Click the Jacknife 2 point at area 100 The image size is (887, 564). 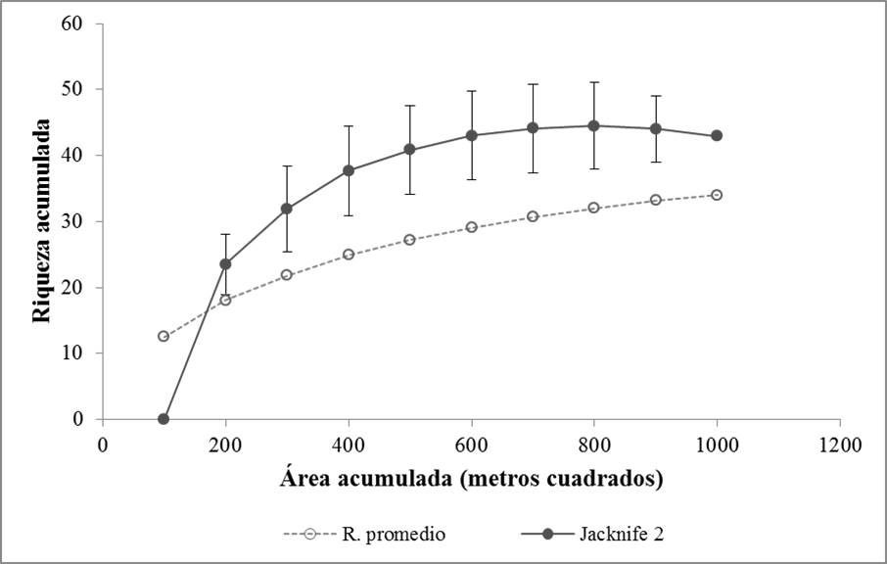(x=163, y=419)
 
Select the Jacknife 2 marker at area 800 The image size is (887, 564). (x=593, y=125)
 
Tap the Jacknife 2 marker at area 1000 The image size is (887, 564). (x=717, y=135)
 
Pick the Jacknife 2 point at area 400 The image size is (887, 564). (x=348, y=170)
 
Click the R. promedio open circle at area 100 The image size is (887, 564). (x=163, y=336)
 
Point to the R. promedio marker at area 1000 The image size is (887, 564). (x=717, y=195)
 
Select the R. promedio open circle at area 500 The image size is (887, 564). (x=409, y=239)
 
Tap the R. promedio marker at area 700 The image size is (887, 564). (x=533, y=215)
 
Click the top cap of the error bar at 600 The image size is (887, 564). (x=471, y=91)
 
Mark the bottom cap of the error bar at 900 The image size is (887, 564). (x=655, y=162)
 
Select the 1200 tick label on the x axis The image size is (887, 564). (x=839, y=444)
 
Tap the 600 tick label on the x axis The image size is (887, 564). (x=471, y=444)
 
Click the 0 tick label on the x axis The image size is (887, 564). (x=103, y=444)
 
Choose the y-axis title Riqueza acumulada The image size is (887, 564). (x=41, y=220)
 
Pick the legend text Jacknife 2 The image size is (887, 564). (x=620, y=534)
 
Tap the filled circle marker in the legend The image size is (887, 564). (x=548, y=534)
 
